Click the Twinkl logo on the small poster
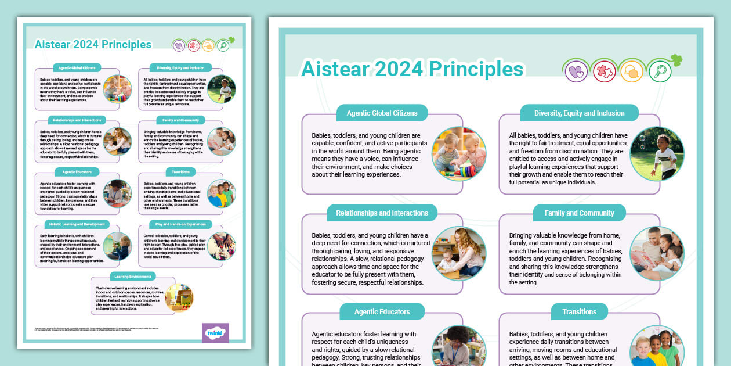[215, 333]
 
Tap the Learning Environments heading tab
[132, 276]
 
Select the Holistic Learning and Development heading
[77, 224]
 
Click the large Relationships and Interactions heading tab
[382, 213]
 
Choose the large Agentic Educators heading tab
[382, 311]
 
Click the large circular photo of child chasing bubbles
[657, 154]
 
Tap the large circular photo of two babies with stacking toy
[459, 154]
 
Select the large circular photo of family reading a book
[657, 254]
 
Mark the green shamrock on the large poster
[676, 59]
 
